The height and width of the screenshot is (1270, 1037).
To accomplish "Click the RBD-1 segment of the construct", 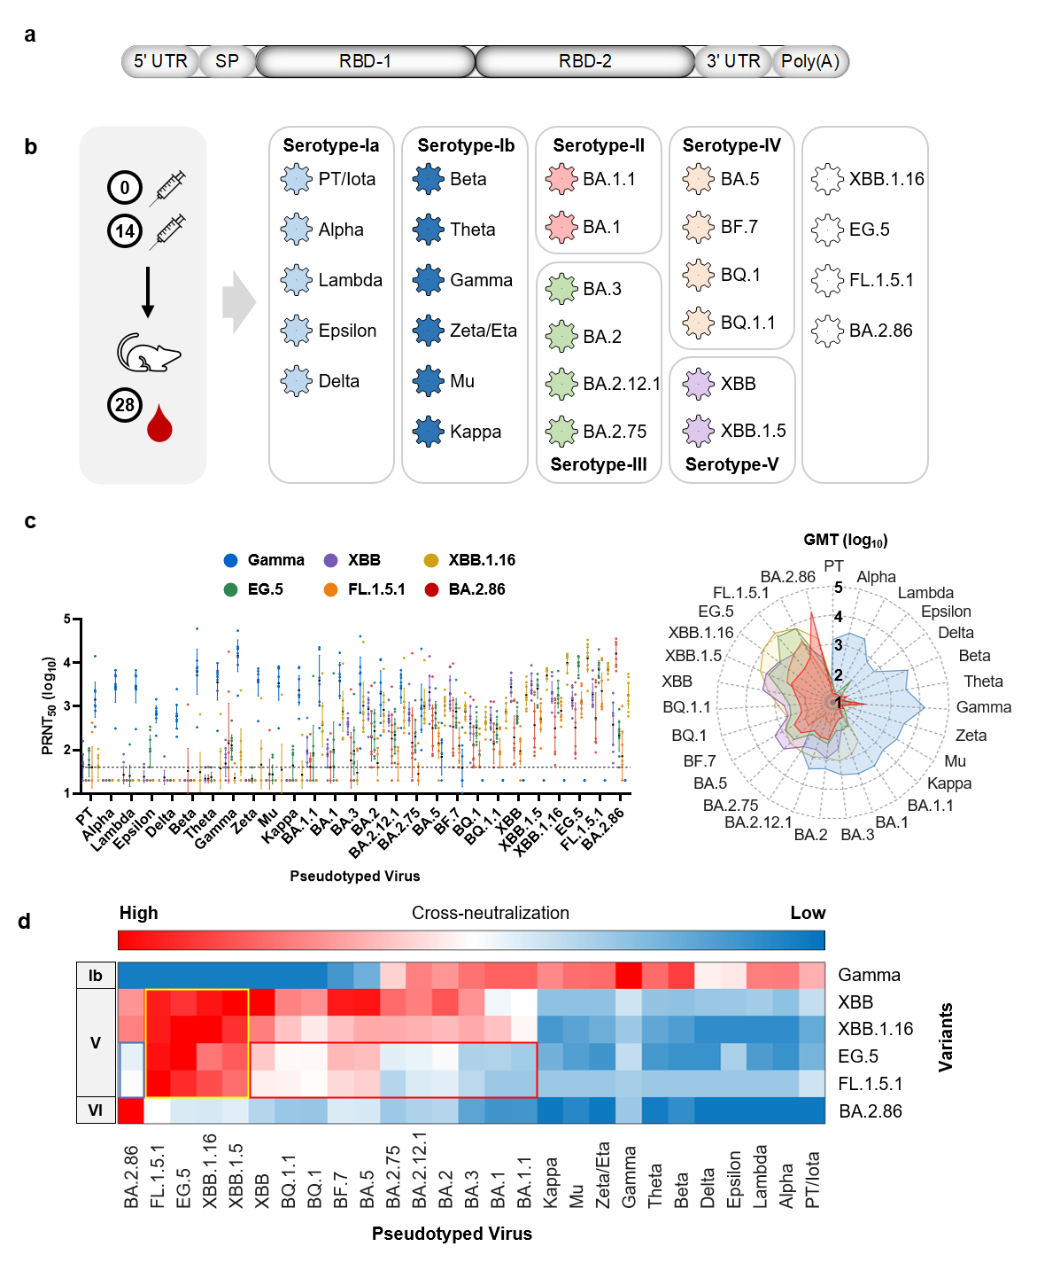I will point(365,62).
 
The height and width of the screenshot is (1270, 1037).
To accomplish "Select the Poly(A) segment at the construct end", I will point(809,62).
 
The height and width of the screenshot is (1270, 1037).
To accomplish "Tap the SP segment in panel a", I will point(227,62).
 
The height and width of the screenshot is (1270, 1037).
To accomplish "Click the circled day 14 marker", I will point(125,231).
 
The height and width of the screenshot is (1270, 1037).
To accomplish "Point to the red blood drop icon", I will point(159,424).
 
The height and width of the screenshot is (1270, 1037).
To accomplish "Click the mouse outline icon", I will point(148,353).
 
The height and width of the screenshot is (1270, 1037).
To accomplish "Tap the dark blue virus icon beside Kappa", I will point(429,432).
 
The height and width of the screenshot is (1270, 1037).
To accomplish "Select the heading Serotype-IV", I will point(731,145).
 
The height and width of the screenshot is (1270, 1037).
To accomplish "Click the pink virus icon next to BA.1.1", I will point(562,179).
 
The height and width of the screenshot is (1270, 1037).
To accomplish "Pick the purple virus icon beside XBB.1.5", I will point(699,431).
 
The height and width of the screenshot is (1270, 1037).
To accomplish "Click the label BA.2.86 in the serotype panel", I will point(880,331).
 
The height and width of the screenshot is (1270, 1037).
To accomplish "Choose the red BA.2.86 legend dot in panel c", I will point(431,589).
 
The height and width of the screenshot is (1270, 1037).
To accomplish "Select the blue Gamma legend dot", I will point(231,560).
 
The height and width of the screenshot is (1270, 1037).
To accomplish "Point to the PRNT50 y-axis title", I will point(49,705).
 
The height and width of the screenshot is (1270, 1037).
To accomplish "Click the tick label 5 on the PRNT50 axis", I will point(67,619).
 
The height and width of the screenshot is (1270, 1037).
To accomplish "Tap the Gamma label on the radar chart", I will point(983,707).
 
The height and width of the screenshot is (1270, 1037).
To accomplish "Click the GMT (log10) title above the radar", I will point(845,540).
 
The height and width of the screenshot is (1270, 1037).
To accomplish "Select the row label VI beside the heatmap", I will point(96,1110).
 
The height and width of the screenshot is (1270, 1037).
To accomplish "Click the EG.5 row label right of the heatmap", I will point(858,1056).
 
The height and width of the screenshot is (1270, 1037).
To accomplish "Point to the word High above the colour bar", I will point(139,913).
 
